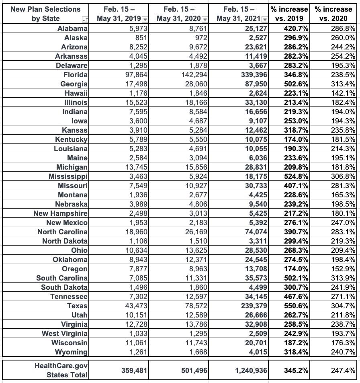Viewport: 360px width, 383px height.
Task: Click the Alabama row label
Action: pos(72,28)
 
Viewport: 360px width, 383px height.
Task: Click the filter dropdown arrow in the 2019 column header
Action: pos(145,19)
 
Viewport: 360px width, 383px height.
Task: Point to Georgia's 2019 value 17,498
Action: pos(134,84)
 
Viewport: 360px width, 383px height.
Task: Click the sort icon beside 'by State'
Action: pos(85,19)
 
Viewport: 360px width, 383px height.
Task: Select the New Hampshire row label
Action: pos(60,213)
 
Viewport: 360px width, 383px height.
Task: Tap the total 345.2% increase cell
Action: pos(295,370)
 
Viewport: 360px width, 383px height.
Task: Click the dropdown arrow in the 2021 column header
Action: pos(264,19)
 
